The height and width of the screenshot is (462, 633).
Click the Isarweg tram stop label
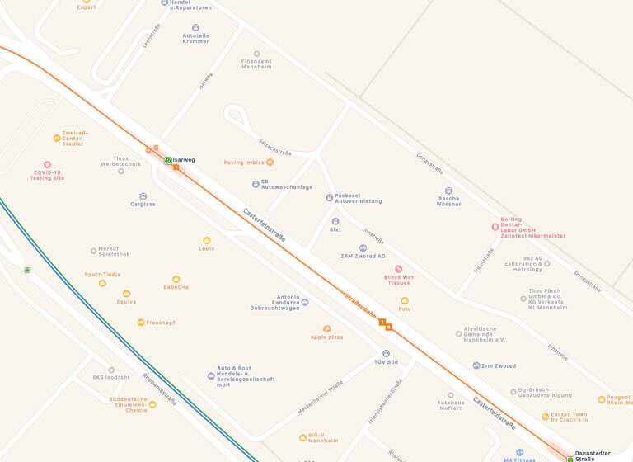(184, 160)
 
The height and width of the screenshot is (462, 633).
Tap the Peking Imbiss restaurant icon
(270, 163)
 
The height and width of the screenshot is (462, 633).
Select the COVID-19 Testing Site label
(47, 175)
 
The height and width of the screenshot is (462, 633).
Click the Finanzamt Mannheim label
(256, 64)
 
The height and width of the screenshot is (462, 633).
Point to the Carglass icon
(143, 196)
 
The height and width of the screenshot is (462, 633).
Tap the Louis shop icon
(206, 240)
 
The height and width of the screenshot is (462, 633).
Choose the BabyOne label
(176, 287)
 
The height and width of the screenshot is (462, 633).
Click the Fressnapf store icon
(141, 322)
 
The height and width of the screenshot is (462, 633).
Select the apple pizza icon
(326, 328)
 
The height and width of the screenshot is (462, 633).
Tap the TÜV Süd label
(386, 362)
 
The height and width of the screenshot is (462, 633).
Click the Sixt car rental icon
(335, 221)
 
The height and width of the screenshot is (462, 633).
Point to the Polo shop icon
(404, 301)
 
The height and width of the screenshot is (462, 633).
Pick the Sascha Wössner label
(448, 200)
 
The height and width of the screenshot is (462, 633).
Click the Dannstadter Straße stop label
(593, 456)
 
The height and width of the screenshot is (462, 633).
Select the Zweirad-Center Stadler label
(73, 138)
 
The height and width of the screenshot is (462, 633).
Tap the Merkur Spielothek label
(114, 251)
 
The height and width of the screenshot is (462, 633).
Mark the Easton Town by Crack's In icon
(546, 417)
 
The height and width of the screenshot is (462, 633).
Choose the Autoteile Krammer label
(195, 38)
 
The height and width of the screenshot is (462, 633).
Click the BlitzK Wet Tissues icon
(398, 269)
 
